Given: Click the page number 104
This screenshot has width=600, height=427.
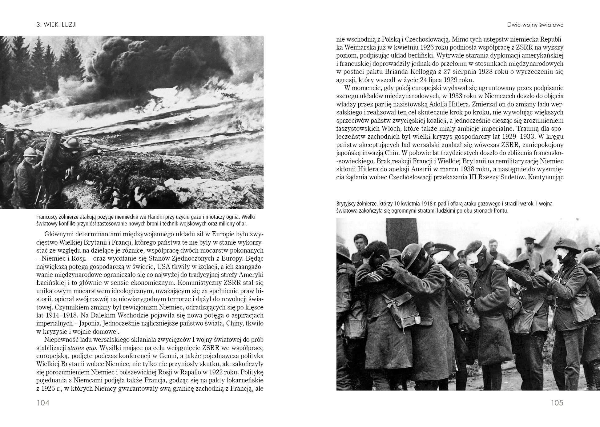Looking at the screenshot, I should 43,403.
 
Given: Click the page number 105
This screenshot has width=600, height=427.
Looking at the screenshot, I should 557,403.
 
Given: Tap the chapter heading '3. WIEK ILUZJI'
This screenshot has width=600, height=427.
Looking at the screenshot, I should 56,25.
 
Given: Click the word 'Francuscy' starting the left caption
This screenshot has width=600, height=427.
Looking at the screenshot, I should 47,217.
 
